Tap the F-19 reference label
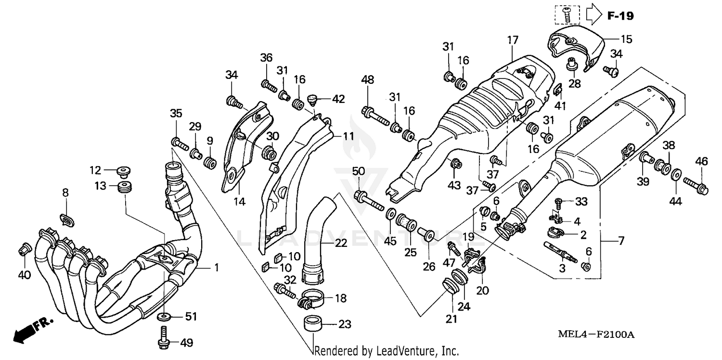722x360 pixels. [620, 16]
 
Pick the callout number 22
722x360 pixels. [341, 244]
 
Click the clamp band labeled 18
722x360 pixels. [310, 300]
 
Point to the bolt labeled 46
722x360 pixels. [694, 184]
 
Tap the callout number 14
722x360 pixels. [239, 202]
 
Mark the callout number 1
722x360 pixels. [217, 267]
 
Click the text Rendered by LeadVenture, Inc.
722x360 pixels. [387, 351]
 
